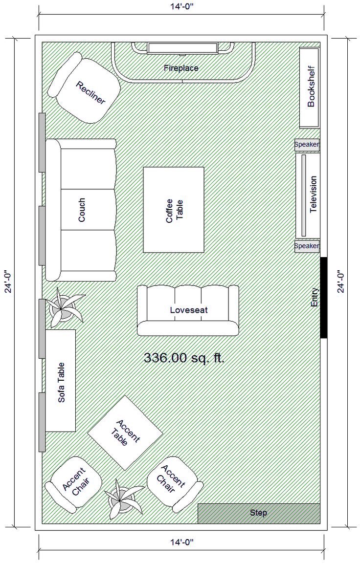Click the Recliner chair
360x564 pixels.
tap(84, 88)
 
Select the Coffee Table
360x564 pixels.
tap(174, 210)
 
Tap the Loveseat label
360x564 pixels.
tap(189, 310)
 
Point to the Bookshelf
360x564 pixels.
tap(309, 87)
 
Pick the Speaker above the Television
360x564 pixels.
tap(307, 145)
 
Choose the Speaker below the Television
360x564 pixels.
tap(307, 246)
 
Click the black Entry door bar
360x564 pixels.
tap(324, 298)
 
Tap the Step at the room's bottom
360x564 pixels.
tap(259, 513)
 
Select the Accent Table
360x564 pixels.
tap(125, 433)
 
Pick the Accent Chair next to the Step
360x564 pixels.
tap(175, 484)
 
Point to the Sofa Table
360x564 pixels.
tap(60, 381)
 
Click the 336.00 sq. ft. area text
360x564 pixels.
tap(184, 358)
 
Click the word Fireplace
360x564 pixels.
tap(181, 67)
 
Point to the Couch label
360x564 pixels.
tap(82, 210)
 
